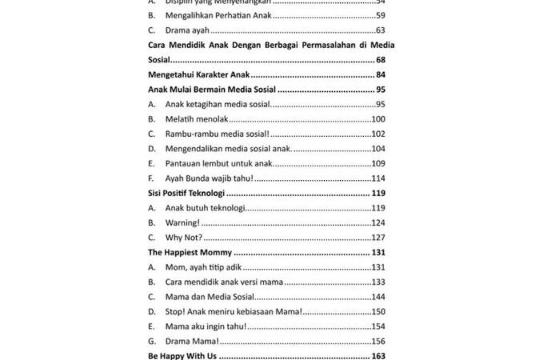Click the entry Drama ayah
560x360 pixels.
click(x=187, y=30)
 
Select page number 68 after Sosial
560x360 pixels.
click(x=382, y=60)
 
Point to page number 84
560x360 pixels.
click(x=382, y=75)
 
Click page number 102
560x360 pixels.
click(x=379, y=134)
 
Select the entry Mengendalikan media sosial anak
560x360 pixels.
click(x=229, y=149)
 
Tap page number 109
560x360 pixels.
click(x=379, y=163)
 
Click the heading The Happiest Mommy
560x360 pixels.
click(x=189, y=253)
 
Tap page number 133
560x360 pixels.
click(x=379, y=282)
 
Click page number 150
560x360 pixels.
click(x=379, y=312)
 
